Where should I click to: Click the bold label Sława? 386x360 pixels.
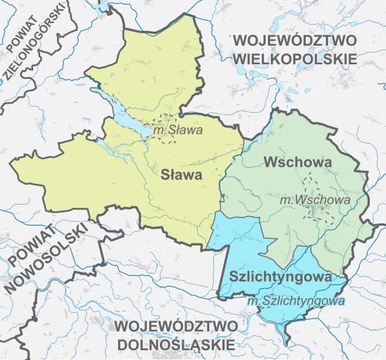181,175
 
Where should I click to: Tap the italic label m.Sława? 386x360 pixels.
178,131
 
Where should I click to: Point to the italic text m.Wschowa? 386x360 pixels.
315,199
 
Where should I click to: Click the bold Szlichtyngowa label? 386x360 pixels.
280,276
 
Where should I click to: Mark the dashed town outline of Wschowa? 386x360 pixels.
314,185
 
